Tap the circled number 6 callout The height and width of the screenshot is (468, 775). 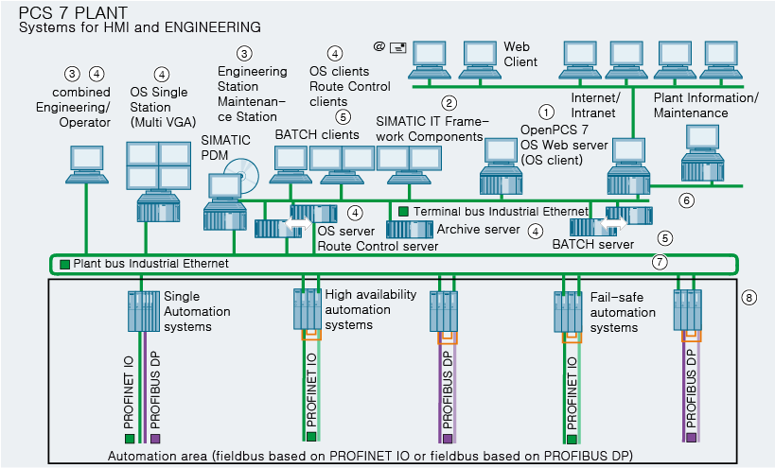(x=687, y=199)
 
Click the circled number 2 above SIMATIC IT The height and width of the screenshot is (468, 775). (x=449, y=102)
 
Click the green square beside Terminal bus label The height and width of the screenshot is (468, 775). (x=404, y=211)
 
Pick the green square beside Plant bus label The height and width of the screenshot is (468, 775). (x=64, y=264)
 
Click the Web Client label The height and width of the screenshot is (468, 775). (x=520, y=54)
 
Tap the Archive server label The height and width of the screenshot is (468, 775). (x=478, y=229)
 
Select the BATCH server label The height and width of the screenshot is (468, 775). (x=592, y=244)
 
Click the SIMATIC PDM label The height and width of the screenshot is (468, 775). (x=225, y=147)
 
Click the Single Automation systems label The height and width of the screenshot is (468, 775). (x=187, y=311)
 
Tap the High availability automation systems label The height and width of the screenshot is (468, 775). (x=370, y=309)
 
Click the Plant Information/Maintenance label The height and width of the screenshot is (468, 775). (x=705, y=105)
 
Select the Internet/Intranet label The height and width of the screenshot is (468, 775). (x=596, y=105)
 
